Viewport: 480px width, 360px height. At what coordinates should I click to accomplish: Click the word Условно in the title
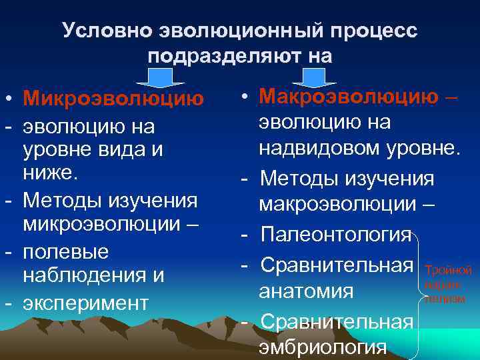coord(107,31)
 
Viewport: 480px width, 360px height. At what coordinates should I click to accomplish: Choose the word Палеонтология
coord(337,235)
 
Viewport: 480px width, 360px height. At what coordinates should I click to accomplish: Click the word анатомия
coord(307,292)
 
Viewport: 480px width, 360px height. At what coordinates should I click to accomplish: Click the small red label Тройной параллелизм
coord(447,284)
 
